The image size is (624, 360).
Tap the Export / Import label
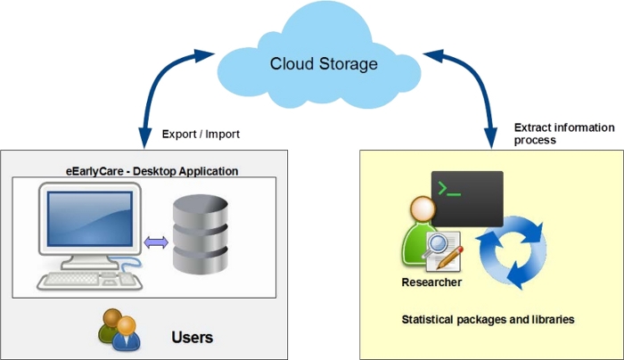pos(201,135)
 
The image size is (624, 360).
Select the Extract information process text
pos(563,134)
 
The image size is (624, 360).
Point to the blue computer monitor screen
pos(89,223)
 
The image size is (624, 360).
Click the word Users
pos(192,338)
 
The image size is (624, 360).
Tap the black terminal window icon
pos(466,197)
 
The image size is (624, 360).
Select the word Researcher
pos(432,282)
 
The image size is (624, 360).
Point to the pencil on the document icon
pos(453,258)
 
